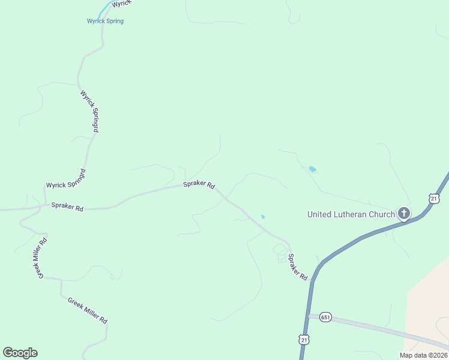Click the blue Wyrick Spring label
point(105,21)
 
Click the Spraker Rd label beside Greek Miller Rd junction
point(67,206)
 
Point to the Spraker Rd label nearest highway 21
point(297,268)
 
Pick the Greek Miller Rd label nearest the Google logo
point(87,311)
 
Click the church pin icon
point(404,213)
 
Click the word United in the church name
point(320,214)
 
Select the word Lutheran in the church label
point(352,214)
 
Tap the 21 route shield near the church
point(435,198)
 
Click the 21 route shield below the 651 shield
point(304,340)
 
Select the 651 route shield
point(325,317)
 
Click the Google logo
point(20,353)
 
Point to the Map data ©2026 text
point(423,355)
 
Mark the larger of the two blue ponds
point(312,169)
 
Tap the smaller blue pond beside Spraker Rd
point(263,217)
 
